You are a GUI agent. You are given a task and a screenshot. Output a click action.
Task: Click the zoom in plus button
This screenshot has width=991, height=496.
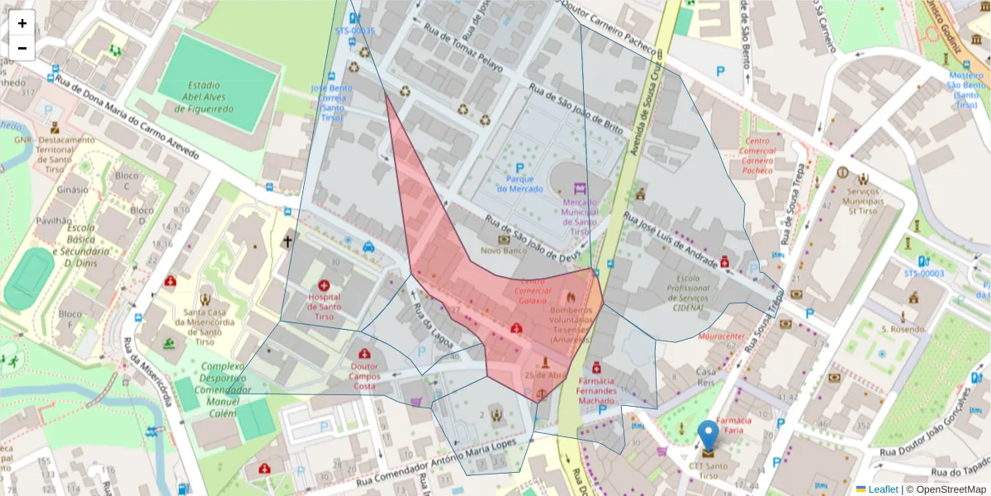(x=22, y=23)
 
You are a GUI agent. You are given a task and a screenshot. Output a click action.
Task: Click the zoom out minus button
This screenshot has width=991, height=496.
(x=22, y=48)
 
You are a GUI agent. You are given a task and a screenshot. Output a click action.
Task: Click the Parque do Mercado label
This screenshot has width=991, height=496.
(x=519, y=184)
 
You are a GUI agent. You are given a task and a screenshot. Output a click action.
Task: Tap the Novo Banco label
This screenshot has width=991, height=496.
(x=503, y=250)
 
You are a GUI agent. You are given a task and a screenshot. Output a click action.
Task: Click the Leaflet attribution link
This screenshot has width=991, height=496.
(x=882, y=489)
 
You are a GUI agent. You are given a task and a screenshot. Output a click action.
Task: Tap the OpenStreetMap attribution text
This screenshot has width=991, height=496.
(x=946, y=489)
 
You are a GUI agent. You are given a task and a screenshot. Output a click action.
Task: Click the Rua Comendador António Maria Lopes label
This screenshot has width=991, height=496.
(x=441, y=470)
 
